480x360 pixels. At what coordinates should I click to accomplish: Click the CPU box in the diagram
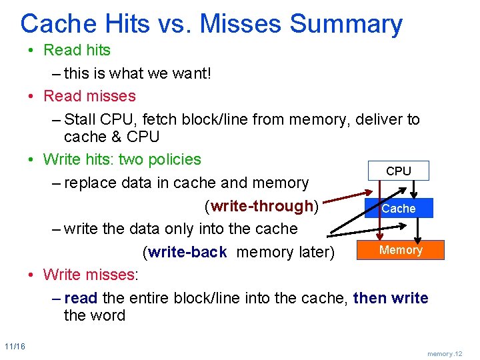[x=399, y=171]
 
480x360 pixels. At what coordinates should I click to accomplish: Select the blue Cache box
[x=399, y=209]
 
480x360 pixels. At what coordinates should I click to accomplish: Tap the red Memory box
[x=401, y=250]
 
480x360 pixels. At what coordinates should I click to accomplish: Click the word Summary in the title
[x=347, y=24]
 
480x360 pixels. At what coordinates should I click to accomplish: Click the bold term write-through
[x=262, y=206]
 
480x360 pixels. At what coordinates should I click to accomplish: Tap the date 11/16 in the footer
[x=14, y=346]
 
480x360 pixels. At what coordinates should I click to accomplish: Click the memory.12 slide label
[x=445, y=353]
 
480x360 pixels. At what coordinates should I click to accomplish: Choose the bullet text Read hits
[x=77, y=50]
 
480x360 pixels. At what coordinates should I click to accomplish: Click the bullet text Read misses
[x=89, y=96]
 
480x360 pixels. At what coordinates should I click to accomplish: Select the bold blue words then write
[x=391, y=298]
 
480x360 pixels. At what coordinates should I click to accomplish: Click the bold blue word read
[x=81, y=298]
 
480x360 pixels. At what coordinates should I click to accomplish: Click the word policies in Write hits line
[x=174, y=159]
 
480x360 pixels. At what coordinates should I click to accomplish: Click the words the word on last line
[x=94, y=315]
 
